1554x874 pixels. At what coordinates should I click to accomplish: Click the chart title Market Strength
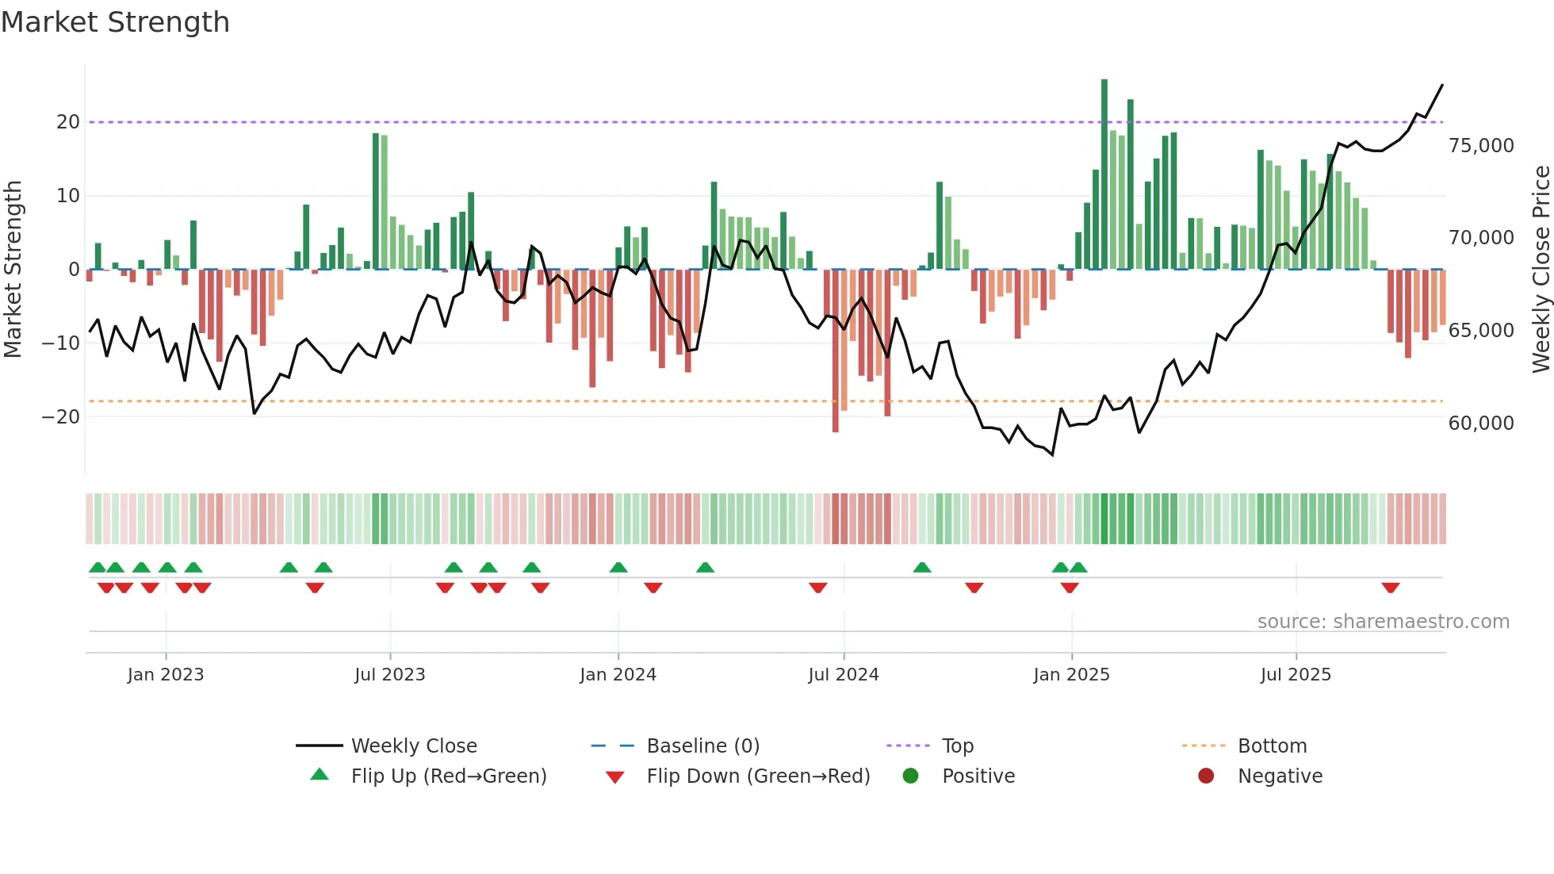[x=116, y=22]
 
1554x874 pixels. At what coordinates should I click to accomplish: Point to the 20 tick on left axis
[x=68, y=122]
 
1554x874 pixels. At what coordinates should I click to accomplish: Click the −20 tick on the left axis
[x=61, y=417]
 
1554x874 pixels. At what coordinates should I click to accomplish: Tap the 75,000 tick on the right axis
[x=1481, y=146]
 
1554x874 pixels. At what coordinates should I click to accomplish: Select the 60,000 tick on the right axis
[x=1481, y=424]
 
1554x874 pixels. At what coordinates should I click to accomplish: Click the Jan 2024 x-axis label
[x=618, y=675]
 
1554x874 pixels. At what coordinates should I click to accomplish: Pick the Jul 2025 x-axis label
[x=1296, y=675]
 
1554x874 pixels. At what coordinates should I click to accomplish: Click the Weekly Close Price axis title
[x=1541, y=270]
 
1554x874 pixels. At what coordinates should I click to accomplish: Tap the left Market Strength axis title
[x=13, y=270]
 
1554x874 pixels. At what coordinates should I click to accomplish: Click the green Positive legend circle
[x=910, y=776]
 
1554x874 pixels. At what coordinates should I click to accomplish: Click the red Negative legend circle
[x=1206, y=776]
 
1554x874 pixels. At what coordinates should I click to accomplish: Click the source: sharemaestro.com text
[x=1383, y=622]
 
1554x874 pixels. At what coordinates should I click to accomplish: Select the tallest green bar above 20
[x=1104, y=174]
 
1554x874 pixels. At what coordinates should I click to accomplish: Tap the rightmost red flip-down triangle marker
[x=1390, y=588]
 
